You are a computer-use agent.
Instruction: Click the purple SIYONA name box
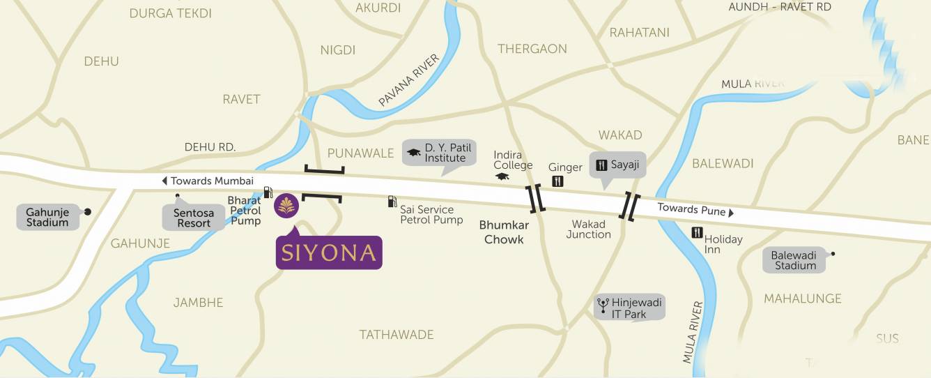(x=329, y=252)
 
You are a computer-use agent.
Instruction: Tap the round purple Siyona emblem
(x=287, y=205)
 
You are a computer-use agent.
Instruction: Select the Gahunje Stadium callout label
(x=47, y=217)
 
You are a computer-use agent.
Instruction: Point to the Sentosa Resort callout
(x=194, y=218)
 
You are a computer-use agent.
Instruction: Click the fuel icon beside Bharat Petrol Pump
(x=268, y=192)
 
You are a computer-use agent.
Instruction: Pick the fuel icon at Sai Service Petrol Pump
(x=392, y=202)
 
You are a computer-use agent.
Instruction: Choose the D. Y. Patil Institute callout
(x=439, y=153)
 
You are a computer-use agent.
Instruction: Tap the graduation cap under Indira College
(x=502, y=176)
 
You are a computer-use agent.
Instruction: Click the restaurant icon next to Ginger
(x=557, y=181)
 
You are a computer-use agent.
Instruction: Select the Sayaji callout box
(x=618, y=165)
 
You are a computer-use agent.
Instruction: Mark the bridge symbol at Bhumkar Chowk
(x=536, y=199)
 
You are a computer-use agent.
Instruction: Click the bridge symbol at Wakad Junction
(x=631, y=206)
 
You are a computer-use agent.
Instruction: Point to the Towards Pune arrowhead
(x=732, y=211)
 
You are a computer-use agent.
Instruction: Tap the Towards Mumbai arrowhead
(x=164, y=181)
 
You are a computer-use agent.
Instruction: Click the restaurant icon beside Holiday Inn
(x=697, y=233)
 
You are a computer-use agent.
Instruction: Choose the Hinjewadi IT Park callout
(x=629, y=308)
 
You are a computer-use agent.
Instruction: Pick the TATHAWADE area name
(x=397, y=335)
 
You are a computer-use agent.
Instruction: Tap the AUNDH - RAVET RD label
(x=780, y=7)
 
